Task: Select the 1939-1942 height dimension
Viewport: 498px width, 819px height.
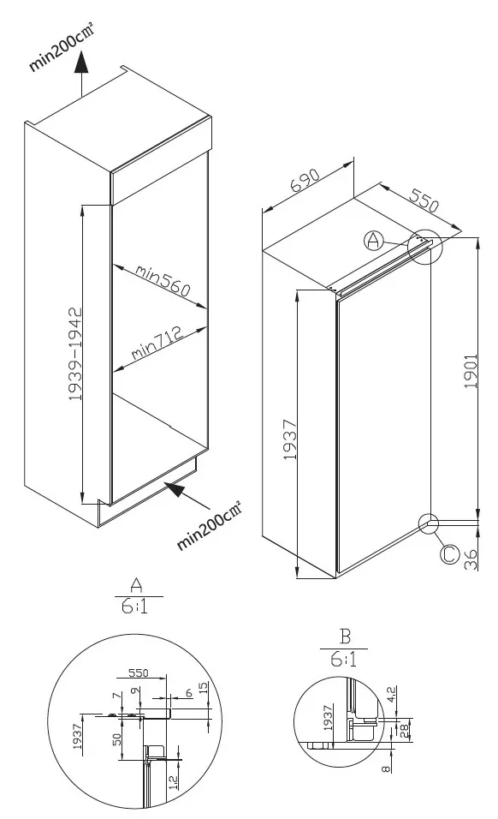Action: click(76, 354)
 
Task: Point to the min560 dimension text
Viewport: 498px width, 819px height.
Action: click(163, 279)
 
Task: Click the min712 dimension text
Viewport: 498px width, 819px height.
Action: click(157, 343)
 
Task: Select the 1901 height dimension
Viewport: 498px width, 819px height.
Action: click(471, 371)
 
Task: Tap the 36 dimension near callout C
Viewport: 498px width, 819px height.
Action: click(471, 560)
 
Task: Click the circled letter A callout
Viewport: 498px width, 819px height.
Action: click(373, 240)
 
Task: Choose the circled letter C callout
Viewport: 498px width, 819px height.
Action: click(449, 554)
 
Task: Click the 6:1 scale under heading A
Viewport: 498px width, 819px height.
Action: click(134, 606)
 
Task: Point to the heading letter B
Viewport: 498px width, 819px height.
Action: click(345, 637)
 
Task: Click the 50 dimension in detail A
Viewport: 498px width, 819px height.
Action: click(117, 739)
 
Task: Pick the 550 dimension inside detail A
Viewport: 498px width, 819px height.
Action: click(139, 673)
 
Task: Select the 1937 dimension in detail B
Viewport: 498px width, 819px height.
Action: click(328, 718)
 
